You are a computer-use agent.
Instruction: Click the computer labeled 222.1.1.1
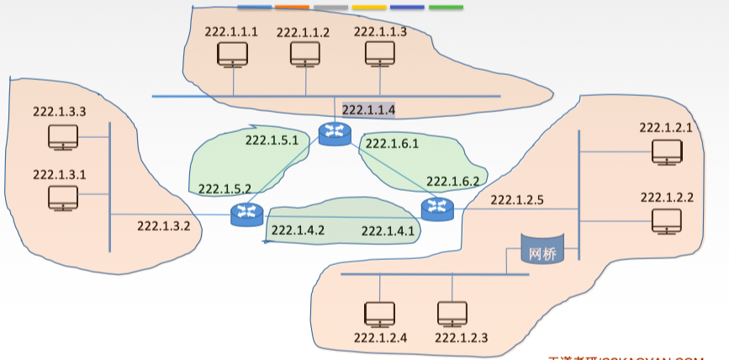click(x=232, y=56)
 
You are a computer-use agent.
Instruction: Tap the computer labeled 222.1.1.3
click(x=379, y=56)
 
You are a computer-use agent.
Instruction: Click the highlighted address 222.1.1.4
click(x=368, y=109)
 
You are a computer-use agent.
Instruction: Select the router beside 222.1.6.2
click(x=436, y=208)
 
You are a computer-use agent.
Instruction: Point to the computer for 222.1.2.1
click(x=668, y=151)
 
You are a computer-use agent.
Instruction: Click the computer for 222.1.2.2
click(x=668, y=221)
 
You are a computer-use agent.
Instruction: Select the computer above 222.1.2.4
click(x=379, y=315)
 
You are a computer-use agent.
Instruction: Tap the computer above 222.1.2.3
click(x=452, y=315)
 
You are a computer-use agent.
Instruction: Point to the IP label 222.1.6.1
click(x=392, y=144)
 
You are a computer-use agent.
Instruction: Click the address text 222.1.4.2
click(x=298, y=230)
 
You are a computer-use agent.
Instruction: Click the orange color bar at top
click(x=293, y=8)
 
